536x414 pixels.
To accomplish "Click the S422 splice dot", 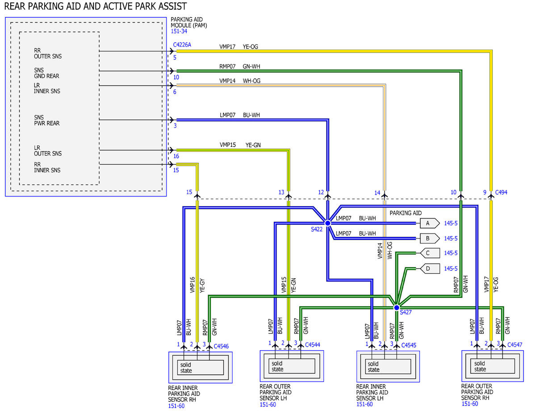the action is (x=327, y=223).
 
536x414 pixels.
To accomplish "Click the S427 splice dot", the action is (x=396, y=308).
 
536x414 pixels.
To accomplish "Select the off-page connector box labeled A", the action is (x=430, y=223).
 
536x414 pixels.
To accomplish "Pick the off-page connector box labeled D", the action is (x=430, y=268).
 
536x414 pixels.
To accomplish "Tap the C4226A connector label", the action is (x=182, y=45).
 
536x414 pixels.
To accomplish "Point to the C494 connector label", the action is (x=501, y=192).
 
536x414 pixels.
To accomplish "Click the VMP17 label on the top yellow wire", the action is (x=227, y=46).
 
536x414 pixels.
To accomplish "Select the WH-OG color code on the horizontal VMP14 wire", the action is (x=251, y=81).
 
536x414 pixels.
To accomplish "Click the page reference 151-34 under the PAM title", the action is (x=179, y=31).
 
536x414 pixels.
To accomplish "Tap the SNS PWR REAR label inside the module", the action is (x=47, y=120).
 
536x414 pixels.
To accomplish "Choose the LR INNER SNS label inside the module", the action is (x=47, y=88).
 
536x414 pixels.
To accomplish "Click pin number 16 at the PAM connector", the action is (x=176, y=156).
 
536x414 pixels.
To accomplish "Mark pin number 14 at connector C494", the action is (x=377, y=193).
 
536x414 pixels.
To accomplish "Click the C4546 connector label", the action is (x=221, y=347).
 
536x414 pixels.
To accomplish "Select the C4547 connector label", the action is (x=515, y=345).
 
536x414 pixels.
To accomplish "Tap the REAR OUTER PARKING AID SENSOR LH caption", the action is (x=276, y=392).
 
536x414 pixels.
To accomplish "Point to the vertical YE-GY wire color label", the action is (x=202, y=286).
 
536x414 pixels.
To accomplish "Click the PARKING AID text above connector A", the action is (x=406, y=213).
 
